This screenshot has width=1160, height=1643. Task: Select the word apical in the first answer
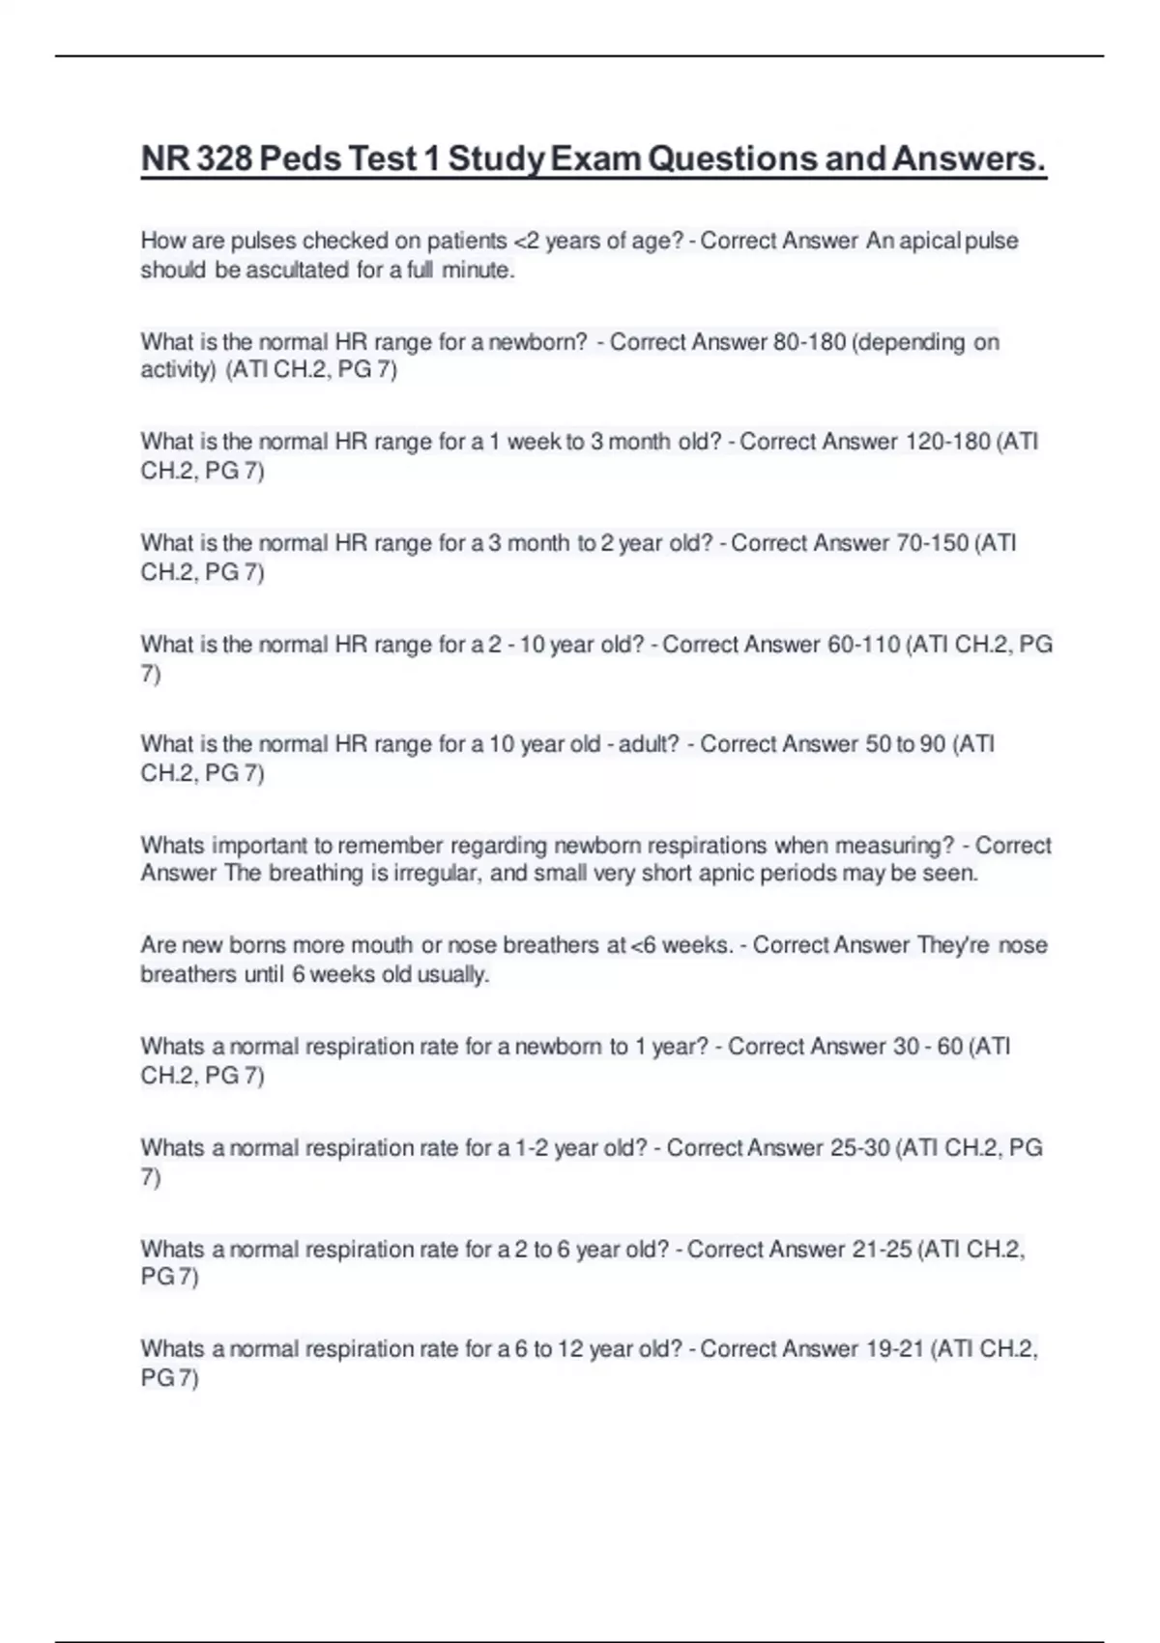point(930,241)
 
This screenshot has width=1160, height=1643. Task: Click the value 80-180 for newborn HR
point(810,342)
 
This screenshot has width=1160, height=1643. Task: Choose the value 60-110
point(864,645)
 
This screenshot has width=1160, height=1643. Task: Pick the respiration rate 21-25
point(882,1250)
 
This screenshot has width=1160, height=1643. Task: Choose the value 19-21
point(893,1349)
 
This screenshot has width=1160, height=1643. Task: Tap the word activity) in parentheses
point(179,370)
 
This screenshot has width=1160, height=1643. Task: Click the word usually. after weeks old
point(453,974)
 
